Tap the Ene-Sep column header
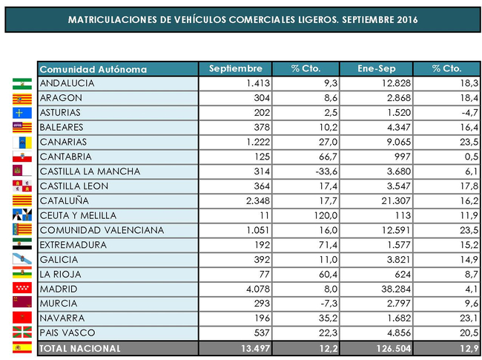pos(376,69)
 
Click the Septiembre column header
pos(236,69)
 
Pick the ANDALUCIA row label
pos(68,83)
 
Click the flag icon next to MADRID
pos(22,289)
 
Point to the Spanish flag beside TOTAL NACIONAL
pos(22,347)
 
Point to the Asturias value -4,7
pos(467,113)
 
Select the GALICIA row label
pos(60,259)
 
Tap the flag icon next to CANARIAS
pos(22,142)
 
